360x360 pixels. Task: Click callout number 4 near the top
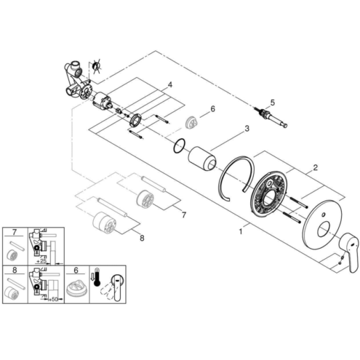click(170, 85)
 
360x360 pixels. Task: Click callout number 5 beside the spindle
click(273, 103)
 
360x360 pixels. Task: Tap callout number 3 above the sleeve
click(247, 129)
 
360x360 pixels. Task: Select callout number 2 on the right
click(315, 167)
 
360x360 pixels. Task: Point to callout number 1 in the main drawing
click(241, 232)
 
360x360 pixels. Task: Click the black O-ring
click(180, 146)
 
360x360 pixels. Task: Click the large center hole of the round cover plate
click(324, 230)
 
